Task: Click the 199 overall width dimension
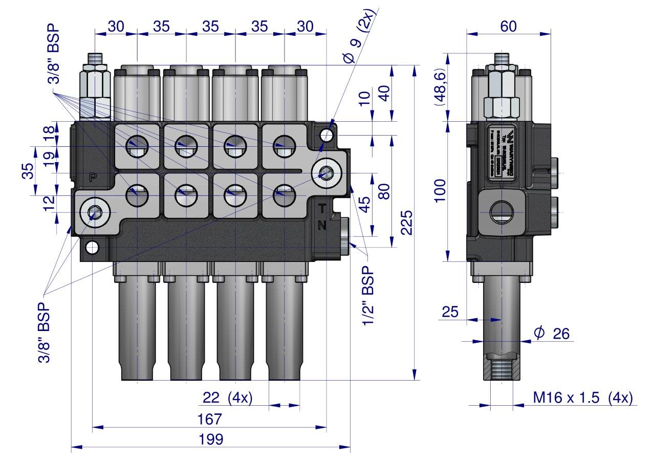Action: [210, 439]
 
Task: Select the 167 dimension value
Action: [210, 419]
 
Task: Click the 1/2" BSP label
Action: [367, 297]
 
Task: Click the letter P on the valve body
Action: [93, 178]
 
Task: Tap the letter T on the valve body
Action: [322, 208]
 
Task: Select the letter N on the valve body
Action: [322, 225]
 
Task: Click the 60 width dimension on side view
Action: [508, 27]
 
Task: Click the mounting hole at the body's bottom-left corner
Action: [92, 248]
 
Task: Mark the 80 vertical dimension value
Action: [384, 190]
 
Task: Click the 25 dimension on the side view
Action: [450, 312]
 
